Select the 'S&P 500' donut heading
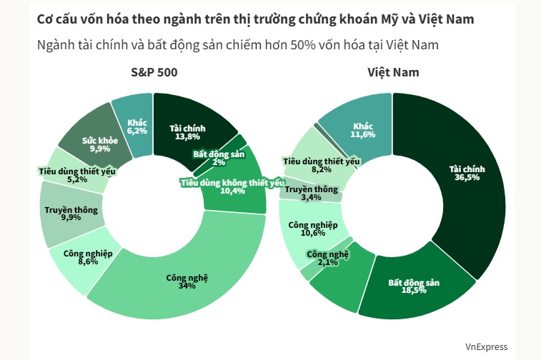pos(154,72)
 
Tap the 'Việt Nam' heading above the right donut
pos(393,72)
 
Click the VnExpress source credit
pos(486,346)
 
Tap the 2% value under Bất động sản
pos(218,162)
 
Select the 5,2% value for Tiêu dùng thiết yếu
pos(76,179)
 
